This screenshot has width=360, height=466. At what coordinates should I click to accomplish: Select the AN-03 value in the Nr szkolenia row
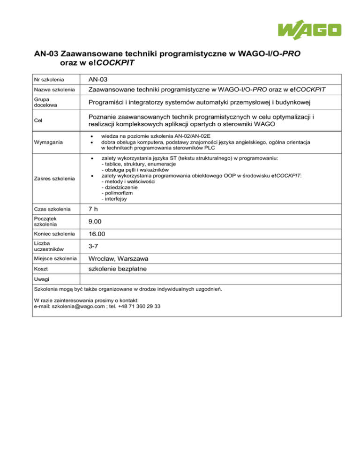[99, 80]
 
